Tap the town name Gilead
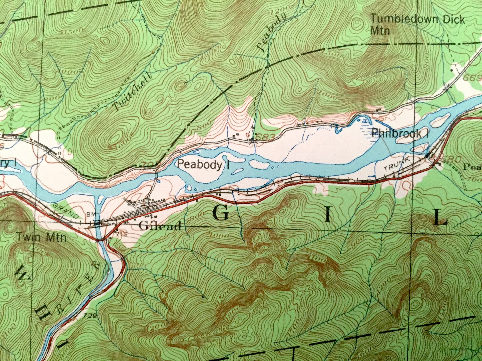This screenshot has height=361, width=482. [x=160, y=226]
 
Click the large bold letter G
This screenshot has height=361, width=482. [x=221, y=213]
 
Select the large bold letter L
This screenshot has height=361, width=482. [x=441, y=218]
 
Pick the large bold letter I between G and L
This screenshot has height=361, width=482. [x=328, y=216]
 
